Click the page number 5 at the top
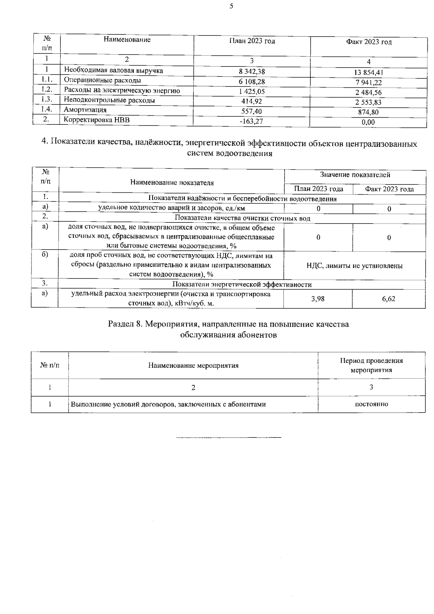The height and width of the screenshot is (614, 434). pos(231,6)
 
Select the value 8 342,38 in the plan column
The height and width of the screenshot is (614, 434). pos(252,72)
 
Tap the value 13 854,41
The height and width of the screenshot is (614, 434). pos(368,72)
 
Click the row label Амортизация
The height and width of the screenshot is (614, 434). pos(85,110)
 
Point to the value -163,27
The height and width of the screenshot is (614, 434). pos(251,121)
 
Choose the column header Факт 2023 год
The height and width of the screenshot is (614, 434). pos(369,42)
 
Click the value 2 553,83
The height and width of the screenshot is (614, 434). pos(368,102)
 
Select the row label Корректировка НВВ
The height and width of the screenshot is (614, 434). pos(97,120)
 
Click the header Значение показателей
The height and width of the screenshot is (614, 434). pos(355,175)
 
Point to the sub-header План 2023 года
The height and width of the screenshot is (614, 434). pos(318,189)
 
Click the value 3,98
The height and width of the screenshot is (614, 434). pos(318,299)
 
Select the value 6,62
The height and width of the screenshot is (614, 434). pos(388,299)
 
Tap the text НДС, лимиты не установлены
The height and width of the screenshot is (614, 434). pos(354,266)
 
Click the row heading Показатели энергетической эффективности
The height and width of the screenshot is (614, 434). pos(242,285)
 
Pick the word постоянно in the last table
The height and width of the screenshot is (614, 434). pos(371,404)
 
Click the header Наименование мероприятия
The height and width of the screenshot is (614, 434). pos(193,365)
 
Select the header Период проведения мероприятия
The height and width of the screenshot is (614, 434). pos(371,366)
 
